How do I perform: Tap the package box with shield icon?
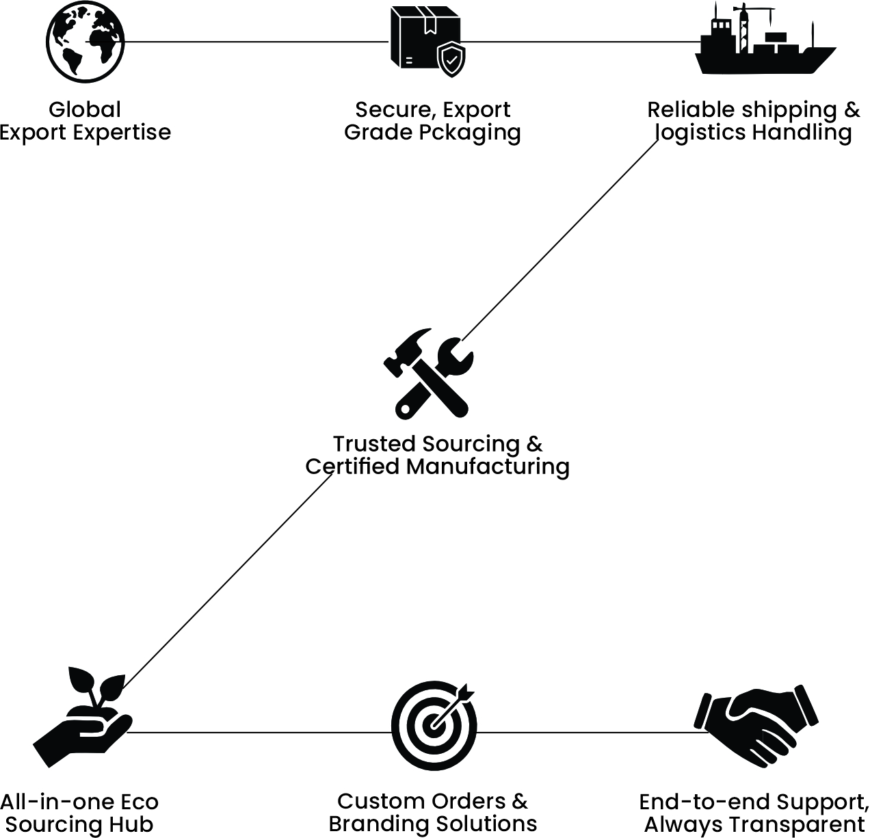click(425, 41)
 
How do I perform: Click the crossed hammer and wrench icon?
click(428, 374)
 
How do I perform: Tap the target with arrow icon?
click(434, 724)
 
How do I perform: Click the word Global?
click(85, 109)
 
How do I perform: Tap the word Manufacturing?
click(488, 467)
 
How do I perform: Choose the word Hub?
click(134, 824)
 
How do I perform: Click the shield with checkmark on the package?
click(451, 60)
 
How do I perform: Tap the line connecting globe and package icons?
click(256, 42)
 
